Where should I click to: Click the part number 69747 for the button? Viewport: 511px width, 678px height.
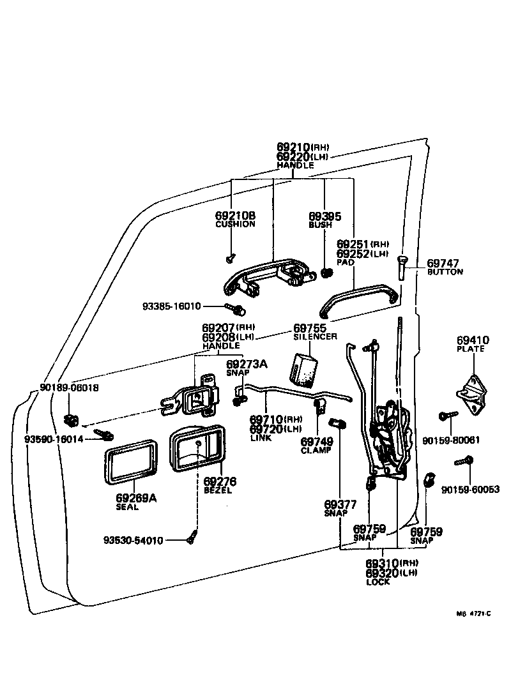443,263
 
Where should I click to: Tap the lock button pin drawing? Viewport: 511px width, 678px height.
400,266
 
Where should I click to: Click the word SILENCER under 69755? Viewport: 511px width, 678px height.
315,336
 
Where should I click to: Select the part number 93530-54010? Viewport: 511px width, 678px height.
133,540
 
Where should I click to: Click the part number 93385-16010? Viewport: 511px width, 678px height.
171,306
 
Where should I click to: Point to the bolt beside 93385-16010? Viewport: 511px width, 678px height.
240,310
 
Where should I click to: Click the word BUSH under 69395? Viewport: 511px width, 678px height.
320,225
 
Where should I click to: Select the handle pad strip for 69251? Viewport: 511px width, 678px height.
360,299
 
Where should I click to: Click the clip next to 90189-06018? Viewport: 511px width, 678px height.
72,419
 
